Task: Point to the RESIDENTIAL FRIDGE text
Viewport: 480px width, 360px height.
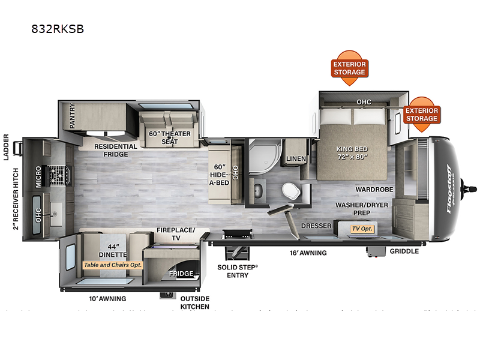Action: pos(115,150)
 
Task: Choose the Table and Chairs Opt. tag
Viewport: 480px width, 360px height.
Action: pos(113,264)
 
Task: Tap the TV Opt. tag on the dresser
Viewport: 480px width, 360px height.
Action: pos(362,229)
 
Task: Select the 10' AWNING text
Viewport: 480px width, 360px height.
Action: pos(108,298)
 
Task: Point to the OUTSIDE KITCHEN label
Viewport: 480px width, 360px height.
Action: pos(195,302)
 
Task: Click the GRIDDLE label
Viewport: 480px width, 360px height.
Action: pos(404,251)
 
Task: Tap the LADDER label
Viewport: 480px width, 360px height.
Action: pos(7,148)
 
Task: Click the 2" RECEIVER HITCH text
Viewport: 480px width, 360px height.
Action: pos(16,199)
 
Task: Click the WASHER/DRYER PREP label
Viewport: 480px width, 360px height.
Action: pos(361,209)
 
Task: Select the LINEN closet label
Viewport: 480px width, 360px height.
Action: pos(296,158)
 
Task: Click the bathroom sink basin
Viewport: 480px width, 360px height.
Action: pos(259,191)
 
